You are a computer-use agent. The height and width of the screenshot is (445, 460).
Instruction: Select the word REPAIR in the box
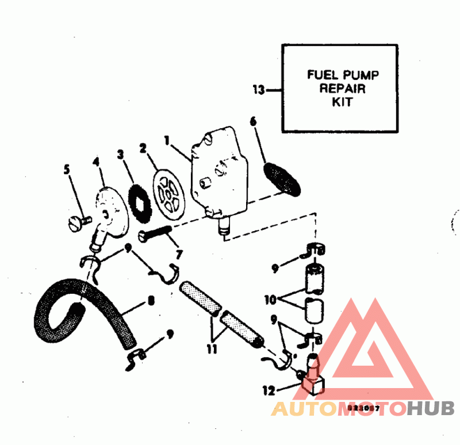(343, 89)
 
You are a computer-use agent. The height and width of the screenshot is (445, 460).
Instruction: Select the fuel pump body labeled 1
(219, 175)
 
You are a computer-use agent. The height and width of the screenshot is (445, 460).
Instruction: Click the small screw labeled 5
(78, 224)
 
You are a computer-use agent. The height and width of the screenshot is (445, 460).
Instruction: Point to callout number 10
(269, 298)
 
